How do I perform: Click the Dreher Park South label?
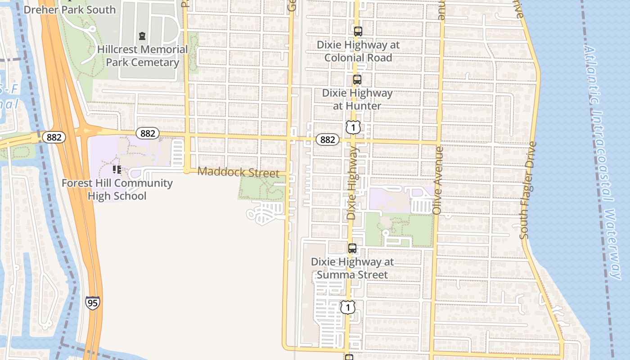pyautogui.click(x=69, y=9)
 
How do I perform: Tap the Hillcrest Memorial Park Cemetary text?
pyautogui.click(x=142, y=56)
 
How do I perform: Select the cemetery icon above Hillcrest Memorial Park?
pyautogui.click(x=142, y=36)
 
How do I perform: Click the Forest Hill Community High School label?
pyautogui.click(x=117, y=189)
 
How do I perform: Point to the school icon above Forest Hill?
pyautogui.click(x=117, y=170)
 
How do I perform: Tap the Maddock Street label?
pyautogui.click(x=238, y=172)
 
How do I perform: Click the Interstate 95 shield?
pyautogui.click(x=92, y=303)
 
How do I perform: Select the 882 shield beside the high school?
pyautogui.click(x=148, y=133)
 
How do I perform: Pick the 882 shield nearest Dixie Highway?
pyautogui.click(x=327, y=139)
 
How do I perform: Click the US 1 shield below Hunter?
pyautogui.click(x=353, y=127)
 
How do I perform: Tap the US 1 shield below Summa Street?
pyautogui.click(x=347, y=307)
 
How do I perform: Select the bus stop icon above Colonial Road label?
pyautogui.click(x=358, y=31)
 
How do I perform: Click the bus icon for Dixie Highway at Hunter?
pyautogui.click(x=357, y=80)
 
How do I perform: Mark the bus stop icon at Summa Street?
pyautogui.click(x=352, y=248)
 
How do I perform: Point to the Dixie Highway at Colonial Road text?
pyautogui.click(x=358, y=51)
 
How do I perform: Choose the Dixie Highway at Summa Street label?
pyautogui.click(x=352, y=268)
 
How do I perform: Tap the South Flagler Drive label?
pyautogui.click(x=528, y=190)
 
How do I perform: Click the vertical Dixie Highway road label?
pyautogui.click(x=352, y=183)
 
